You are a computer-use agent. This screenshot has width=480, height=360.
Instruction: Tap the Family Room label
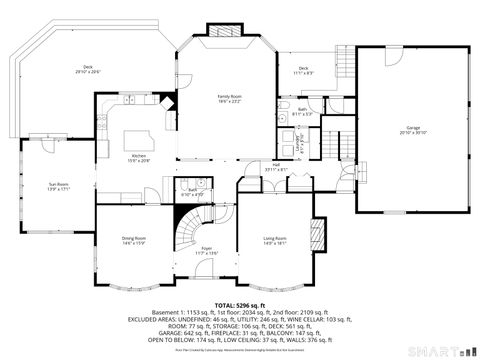click(231, 99)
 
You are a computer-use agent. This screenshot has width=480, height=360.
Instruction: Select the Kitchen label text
click(138, 159)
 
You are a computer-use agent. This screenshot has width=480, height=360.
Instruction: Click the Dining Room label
click(134, 240)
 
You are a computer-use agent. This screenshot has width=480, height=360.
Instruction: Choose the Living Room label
click(274, 240)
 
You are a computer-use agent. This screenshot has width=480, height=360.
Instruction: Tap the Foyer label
click(207, 250)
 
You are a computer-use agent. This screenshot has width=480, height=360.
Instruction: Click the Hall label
click(276, 167)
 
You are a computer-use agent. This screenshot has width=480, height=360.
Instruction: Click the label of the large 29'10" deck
click(88, 70)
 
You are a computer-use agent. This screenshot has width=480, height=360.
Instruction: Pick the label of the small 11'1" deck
click(301, 70)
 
